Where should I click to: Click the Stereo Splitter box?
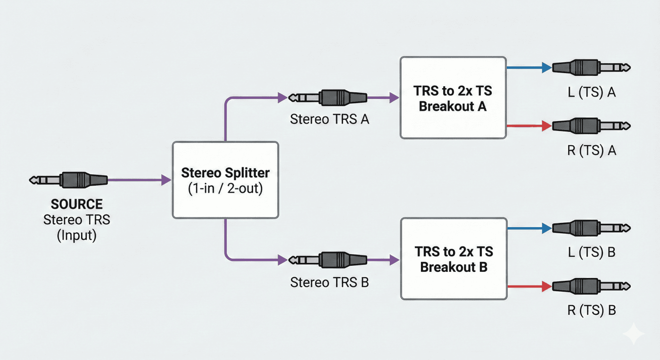[x=225, y=180]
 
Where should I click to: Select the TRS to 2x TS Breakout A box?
[x=453, y=98]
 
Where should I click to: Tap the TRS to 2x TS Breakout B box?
[x=454, y=259]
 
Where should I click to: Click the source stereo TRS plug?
[x=68, y=180]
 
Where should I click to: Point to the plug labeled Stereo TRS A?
[x=328, y=98]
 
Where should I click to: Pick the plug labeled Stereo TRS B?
[x=328, y=260]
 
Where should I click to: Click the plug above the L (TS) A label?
[x=591, y=67]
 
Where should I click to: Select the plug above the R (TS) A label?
[x=591, y=126]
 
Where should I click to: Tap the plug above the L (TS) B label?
[x=591, y=228]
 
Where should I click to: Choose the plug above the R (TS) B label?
[x=591, y=286]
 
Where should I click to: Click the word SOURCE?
[x=76, y=204]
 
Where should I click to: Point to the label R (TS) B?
[x=592, y=310]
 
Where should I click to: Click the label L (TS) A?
[x=592, y=92]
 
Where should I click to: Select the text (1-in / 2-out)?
[x=225, y=188]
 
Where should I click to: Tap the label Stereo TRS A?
[x=330, y=119]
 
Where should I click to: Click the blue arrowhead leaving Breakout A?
[x=547, y=67]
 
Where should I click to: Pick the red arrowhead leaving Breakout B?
[x=547, y=286]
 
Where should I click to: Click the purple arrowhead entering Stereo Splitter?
[x=166, y=180]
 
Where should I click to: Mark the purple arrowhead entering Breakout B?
[x=394, y=260]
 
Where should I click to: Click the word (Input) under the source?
[x=76, y=236]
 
